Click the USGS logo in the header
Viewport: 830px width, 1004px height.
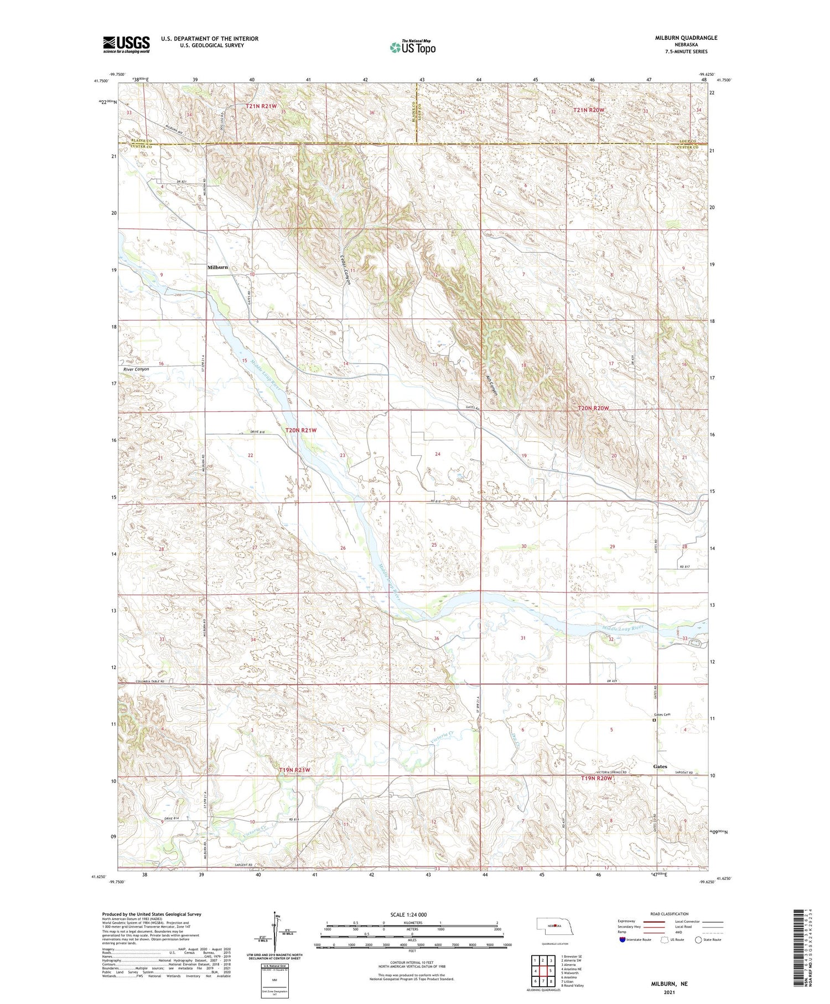click(x=126, y=44)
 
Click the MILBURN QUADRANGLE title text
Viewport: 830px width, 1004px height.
click(x=685, y=38)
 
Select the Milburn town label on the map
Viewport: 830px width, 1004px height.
click(x=217, y=267)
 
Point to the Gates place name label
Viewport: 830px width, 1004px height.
click(x=660, y=766)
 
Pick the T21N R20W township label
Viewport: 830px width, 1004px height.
click(x=588, y=110)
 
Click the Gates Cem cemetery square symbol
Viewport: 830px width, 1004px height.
click(x=653, y=721)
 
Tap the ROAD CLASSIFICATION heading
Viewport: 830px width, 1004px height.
click(x=670, y=914)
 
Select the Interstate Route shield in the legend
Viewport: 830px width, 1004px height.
click(x=622, y=940)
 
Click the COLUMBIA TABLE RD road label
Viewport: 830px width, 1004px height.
click(x=143, y=681)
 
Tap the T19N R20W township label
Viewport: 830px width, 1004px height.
click(x=596, y=778)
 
